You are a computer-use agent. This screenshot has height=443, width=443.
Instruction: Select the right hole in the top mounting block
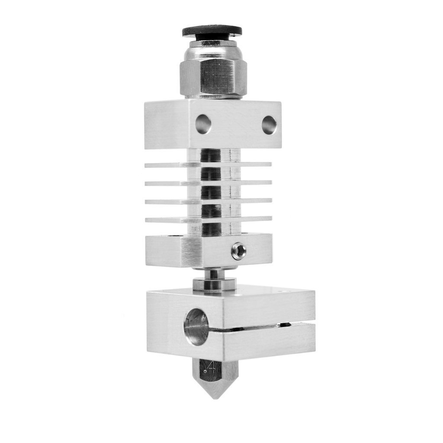click(x=269, y=124)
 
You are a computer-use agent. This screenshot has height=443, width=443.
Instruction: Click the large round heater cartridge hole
click(x=196, y=327)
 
